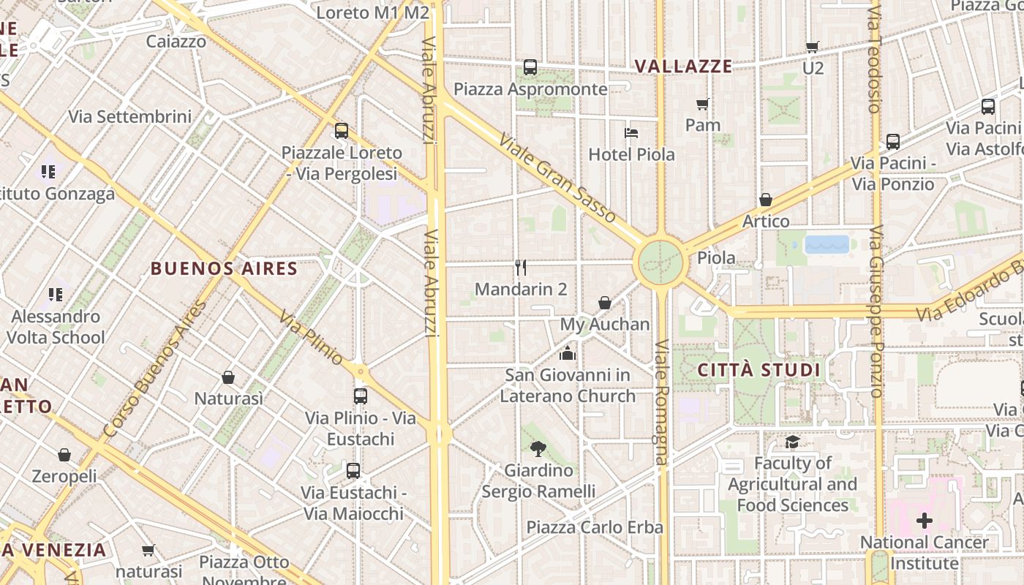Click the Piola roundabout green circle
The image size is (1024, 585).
[x=658, y=262]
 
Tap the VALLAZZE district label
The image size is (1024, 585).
[x=683, y=67]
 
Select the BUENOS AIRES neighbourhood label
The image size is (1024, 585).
[x=225, y=268]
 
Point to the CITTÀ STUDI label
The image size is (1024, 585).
[x=758, y=370]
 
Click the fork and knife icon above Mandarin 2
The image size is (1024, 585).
[x=521, y=268]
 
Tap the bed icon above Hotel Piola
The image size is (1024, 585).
[x=631, y=133]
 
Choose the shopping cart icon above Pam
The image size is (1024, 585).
[x=703, y=104]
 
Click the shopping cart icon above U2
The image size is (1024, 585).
[x=812, y=47]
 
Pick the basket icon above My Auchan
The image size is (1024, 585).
[x=605, y=303]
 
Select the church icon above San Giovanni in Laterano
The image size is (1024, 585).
[x=567, y=354]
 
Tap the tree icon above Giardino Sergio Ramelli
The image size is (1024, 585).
[x=538, y=449]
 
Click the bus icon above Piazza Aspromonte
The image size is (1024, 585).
[x=530, y=67]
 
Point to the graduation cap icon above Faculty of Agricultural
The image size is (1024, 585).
[x=792, y=442]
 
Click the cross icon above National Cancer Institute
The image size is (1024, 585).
[x=925, y=521]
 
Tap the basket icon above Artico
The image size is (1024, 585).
[x=766, y=200]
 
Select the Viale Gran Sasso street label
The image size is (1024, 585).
[x=557, y=178]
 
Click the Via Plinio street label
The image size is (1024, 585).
[x=311, y=338]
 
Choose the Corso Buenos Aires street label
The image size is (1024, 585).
[x=155, y=369]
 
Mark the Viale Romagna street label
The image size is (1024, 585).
[x=661, y=402]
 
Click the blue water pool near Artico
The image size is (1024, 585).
[x=827, y=244]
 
